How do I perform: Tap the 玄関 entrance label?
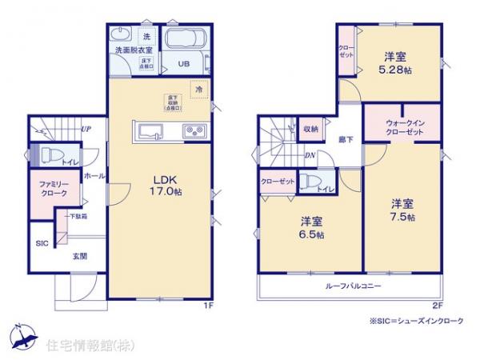click(80, 255)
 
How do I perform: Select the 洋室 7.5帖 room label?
click(402, 210)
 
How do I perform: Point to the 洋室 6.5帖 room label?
click(313, 227)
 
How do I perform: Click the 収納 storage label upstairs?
click(310, 128)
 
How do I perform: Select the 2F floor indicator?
click(437, 305)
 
